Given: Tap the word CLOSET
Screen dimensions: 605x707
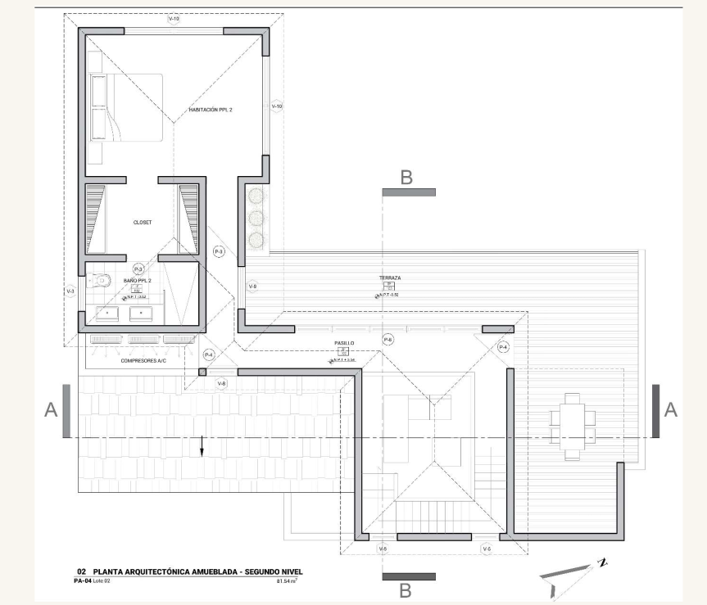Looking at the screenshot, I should coord(143,222).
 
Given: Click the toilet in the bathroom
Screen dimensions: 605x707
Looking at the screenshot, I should coord(100,280).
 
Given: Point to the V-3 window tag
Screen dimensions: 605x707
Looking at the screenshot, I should coord(70,291).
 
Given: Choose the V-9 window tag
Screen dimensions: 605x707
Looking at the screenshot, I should coord(253,287).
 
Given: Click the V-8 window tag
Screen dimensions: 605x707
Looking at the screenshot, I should coord(221,383).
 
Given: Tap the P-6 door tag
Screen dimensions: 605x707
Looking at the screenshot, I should coord(388,339).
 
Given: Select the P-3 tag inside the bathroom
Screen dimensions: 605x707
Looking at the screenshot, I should coord(138,269).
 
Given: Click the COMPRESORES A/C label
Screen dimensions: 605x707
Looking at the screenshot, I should coord(143,360).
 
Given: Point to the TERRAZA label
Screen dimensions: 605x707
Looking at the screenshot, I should coord(389,278).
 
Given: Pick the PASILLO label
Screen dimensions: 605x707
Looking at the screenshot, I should coord(343,344).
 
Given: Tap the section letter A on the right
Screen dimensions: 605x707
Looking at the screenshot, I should coord(670,410).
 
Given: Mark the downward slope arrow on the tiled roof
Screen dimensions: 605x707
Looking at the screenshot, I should coord(202,447).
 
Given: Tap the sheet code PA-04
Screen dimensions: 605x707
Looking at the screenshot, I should coord(83,581).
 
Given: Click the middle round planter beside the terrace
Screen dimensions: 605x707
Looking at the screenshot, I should coord(256,218).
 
